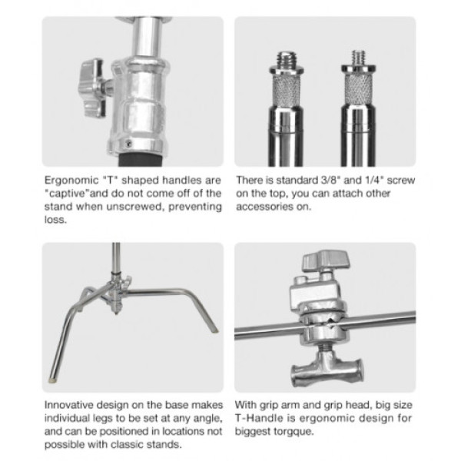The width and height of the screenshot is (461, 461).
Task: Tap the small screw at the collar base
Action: click(x=128, y=144)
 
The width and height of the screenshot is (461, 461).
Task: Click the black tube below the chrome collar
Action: click(x=140, y=159)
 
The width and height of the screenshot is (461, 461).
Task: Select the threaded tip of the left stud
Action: click(x=287, y=59)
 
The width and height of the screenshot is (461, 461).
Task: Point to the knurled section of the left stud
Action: click(x=287, y=91)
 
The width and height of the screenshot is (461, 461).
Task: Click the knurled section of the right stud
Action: click(x=358, y=89)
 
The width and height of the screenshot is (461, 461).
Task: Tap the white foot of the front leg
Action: click(x=53, y=380)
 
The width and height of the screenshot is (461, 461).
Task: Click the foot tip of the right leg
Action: click(x=216, y=330)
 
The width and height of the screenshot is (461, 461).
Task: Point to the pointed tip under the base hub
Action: click(x=117, y=313)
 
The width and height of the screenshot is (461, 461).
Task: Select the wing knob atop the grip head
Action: click(x=327, y=259)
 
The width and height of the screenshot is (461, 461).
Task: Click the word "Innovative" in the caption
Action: click(x=69, y=405)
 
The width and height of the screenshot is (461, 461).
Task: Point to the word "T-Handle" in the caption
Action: click(x=255, y=418)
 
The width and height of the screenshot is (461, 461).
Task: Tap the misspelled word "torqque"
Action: click(x=294, y=432)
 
